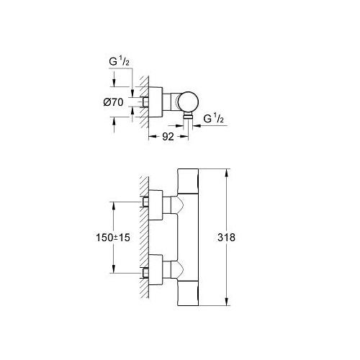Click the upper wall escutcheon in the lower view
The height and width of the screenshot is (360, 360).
pos(153,202)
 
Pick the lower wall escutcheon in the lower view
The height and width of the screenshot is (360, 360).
pos(153,273)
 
